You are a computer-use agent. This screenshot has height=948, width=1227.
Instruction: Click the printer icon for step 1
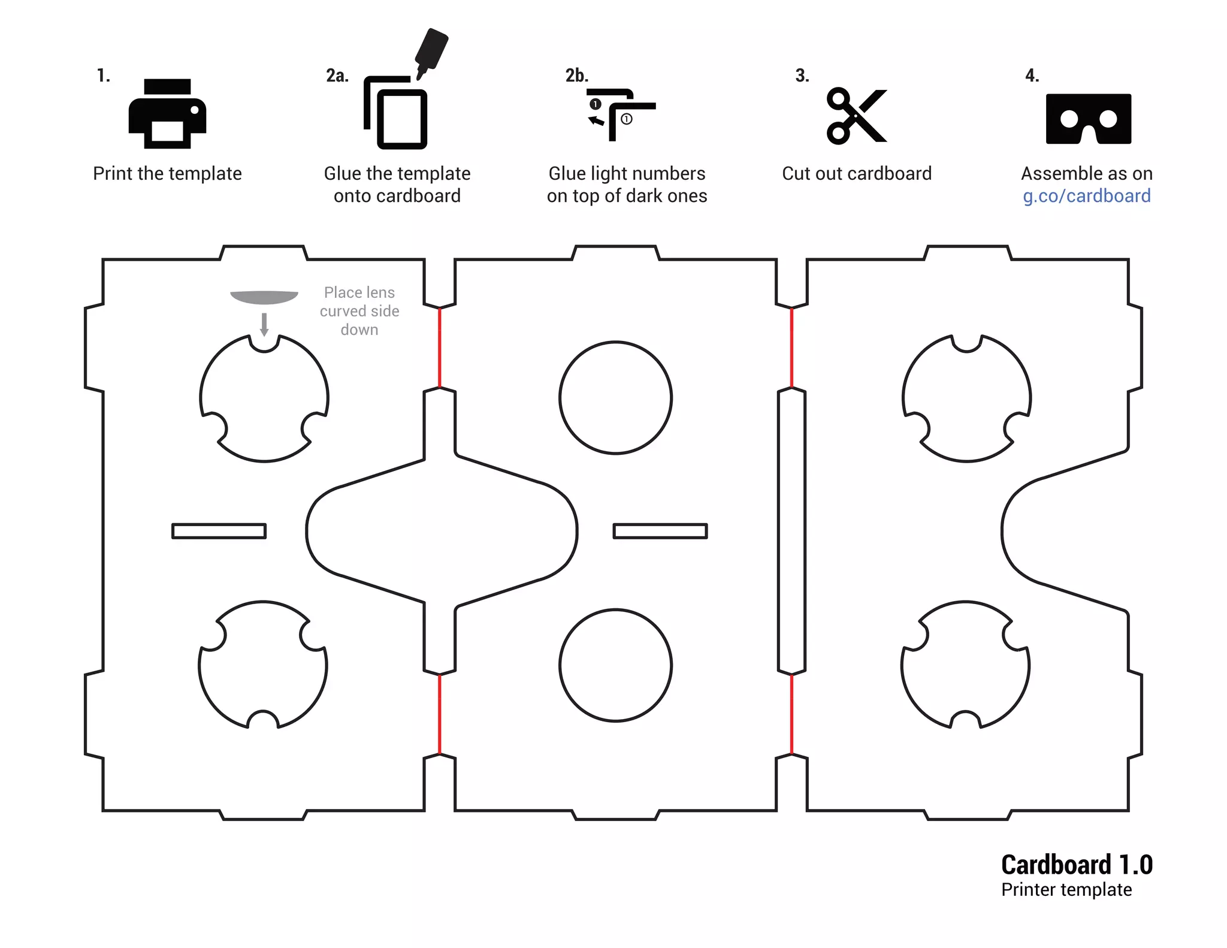tap(167, 114)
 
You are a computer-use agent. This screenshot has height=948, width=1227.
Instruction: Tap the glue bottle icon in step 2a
tap(431, 52)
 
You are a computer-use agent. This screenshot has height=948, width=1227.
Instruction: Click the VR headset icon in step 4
tap(1088, 119)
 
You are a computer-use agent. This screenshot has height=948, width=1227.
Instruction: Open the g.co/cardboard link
tap(1086, 196)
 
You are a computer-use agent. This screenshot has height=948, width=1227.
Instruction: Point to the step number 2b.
tap(576, 76)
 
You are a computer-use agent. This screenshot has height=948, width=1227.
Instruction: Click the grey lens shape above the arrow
tap(264, 297)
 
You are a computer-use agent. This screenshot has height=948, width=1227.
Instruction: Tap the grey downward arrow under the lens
tap(264, 324)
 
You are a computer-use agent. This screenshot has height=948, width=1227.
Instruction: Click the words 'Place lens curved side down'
tap(359, 311)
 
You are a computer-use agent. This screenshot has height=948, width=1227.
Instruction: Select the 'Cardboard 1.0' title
tap(1077, 865)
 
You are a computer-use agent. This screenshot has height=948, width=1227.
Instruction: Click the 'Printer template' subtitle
tap(1066, 890)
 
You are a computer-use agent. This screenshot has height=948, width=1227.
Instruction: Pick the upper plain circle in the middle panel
tap(615, 398)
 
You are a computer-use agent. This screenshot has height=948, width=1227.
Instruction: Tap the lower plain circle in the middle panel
tap(615, 665)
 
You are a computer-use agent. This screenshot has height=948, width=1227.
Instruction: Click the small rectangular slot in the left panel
tap(219, 531)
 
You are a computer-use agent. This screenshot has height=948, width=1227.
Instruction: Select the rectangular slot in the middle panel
tap(660, 531)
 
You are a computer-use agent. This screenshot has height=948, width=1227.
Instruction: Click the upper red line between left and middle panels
tap(440, 348)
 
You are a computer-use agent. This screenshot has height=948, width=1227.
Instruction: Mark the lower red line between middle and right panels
tap(791, 714)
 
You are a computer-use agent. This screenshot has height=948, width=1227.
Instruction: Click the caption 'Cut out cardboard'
tap(857, 174)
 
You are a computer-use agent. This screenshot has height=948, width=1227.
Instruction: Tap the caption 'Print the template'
tap(167, 174)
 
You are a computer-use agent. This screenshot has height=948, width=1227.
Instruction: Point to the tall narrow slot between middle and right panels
tap(791, 531)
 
